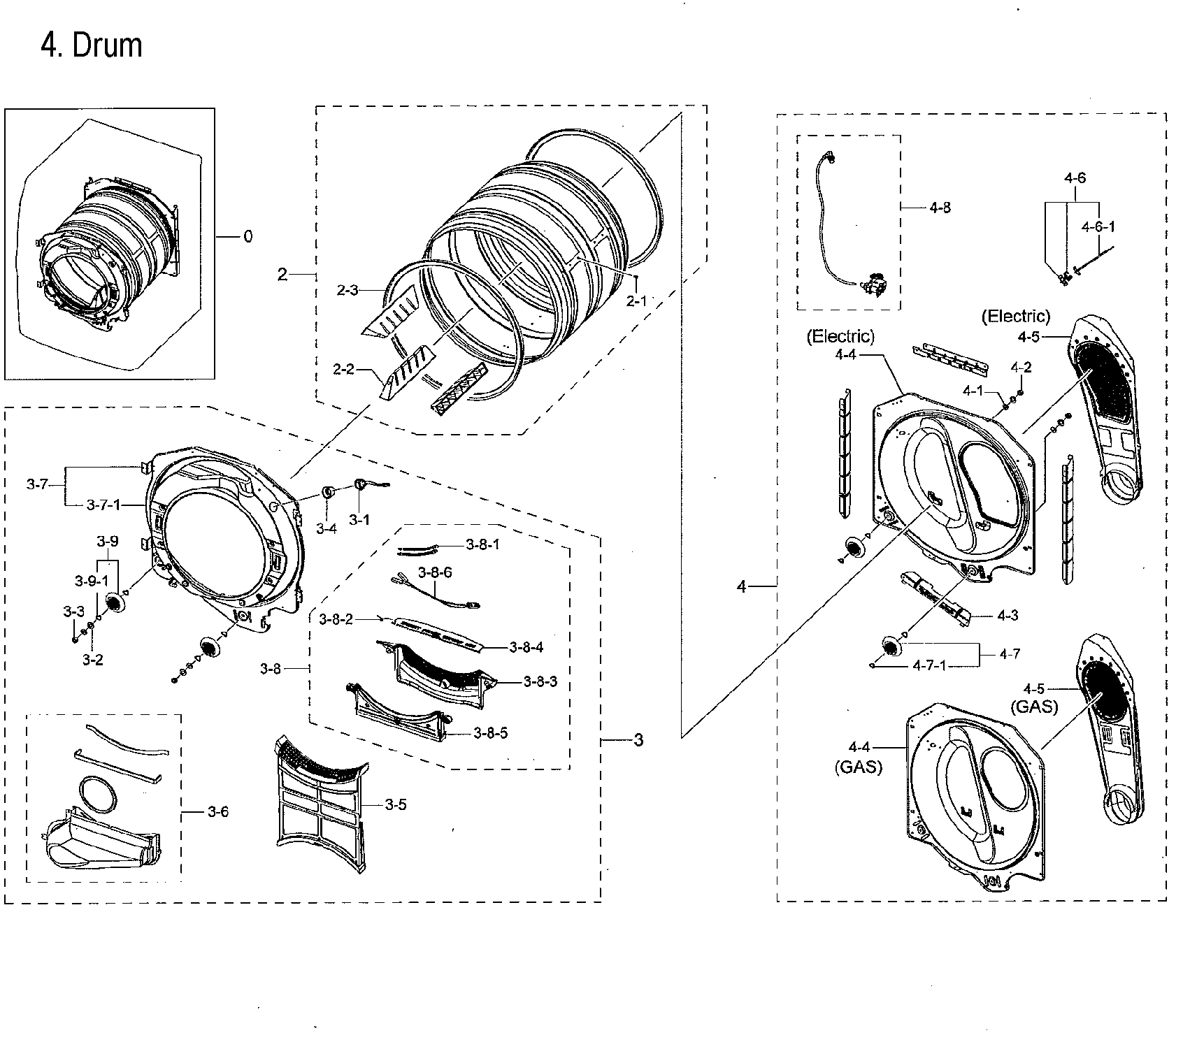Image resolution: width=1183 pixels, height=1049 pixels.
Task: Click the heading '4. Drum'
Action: coord(91,46)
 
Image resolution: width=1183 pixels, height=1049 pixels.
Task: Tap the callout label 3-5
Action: coord(395,804)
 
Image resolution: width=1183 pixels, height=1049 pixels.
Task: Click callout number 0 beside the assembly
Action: coord(248,237)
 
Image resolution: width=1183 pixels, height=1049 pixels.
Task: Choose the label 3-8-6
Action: coord(435,572)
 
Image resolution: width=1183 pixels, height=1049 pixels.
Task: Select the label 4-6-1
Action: coord(1098,226)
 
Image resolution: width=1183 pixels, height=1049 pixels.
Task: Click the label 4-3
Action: coord(1007,616)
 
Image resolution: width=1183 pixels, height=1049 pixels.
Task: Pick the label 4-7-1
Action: coord(929,665)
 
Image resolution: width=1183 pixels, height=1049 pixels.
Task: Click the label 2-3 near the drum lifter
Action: coord(347,290)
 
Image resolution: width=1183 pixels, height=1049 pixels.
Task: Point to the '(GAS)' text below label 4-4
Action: coord(858,767)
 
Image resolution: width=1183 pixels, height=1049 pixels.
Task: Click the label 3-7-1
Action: coord(103,504)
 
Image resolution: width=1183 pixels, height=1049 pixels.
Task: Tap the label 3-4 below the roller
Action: coord(327,529)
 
